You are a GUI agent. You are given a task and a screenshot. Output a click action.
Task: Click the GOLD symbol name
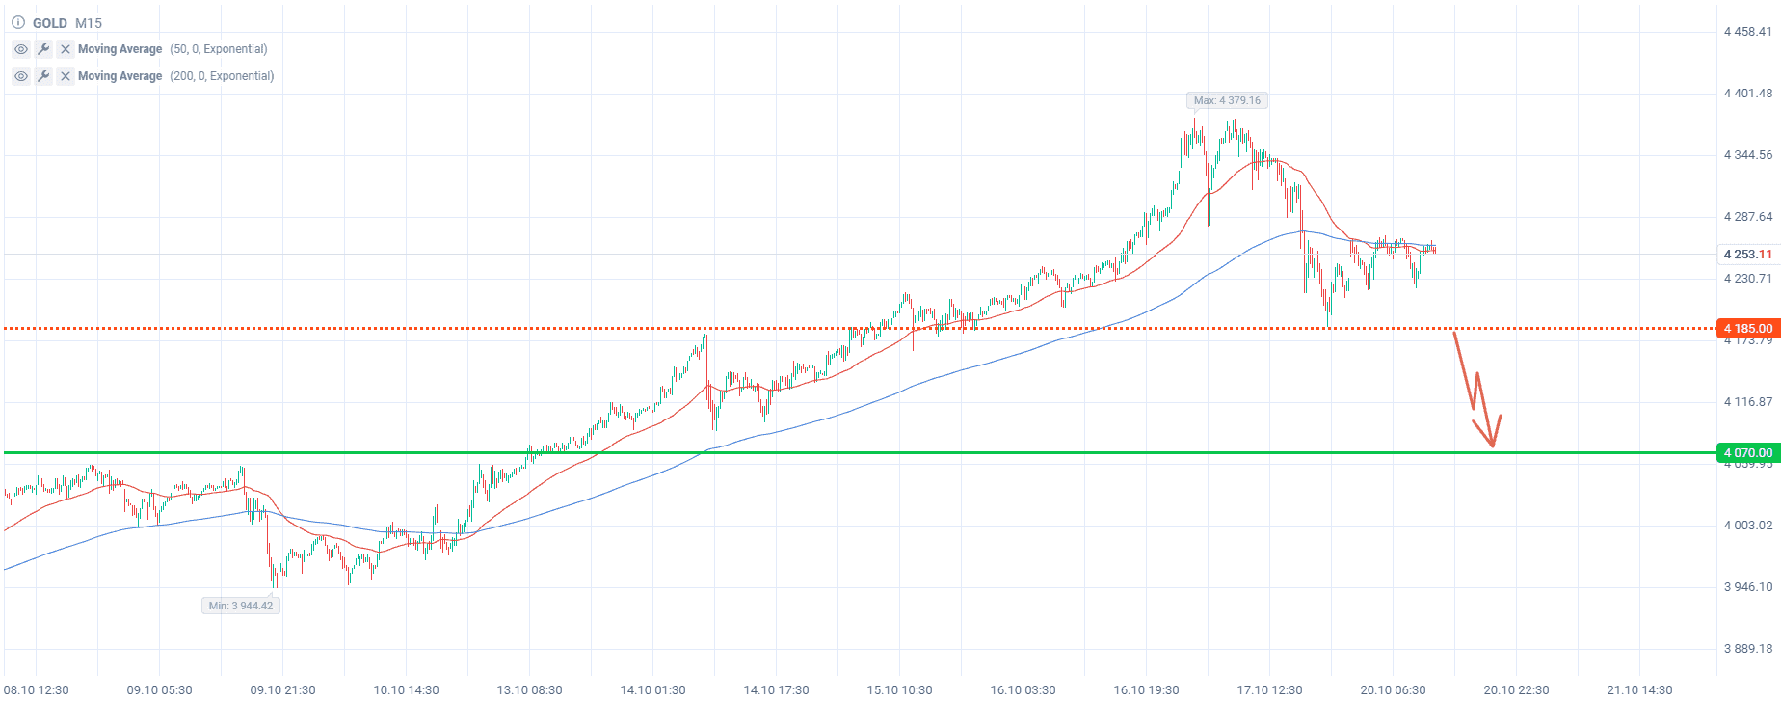click(x=50, y=23)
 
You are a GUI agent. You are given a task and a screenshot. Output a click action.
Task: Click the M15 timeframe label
click(x=89, y=23)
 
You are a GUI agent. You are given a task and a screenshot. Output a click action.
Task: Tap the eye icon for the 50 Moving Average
click(x=21, y=49)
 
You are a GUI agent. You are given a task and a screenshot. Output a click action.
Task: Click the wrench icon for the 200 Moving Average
click(x=43, y=76)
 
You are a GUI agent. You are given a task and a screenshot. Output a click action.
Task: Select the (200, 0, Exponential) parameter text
click(x=222, y=76)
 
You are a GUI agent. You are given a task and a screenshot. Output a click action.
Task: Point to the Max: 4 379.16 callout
click(x=1226, y=100)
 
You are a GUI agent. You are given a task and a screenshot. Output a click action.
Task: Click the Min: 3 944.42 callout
click(x=241, y=606)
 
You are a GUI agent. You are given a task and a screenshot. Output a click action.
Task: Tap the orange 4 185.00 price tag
click(x=1747, y=329)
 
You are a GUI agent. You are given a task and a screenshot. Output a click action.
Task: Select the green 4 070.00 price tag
click(x=1747, y=452)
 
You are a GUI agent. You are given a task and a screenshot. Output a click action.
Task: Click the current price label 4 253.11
click(x=1747, y=255)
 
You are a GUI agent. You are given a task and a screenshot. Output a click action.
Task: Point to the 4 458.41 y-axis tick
click(x=1747, y=32)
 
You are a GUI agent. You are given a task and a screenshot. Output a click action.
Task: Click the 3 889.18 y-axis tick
click(x=1747, y=649)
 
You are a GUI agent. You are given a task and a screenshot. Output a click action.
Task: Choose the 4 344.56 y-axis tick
click(x=1747, y=155)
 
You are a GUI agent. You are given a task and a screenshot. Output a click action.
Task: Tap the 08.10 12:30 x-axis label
click(x=37, y=690)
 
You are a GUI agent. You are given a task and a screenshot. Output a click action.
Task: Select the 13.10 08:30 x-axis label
click(x=529, y=690)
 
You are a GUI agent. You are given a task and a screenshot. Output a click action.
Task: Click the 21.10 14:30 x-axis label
click(x=1639, y=690)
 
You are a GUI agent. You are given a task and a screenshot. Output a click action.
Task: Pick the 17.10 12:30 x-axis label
click(x=1269, y=690)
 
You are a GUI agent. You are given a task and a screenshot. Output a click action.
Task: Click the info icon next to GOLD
click(x=17, y=23)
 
